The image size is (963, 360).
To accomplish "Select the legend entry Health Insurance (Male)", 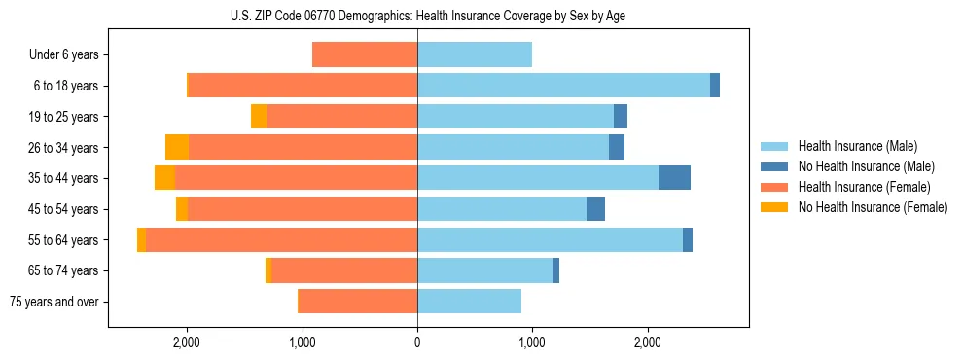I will coord(852,146).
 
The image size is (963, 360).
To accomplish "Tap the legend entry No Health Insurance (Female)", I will coord(873,207).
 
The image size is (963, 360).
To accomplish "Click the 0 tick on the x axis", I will coord(417,342).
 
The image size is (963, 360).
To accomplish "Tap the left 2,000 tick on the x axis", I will coord(186,342).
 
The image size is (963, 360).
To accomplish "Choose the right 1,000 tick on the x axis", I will coord(532,342).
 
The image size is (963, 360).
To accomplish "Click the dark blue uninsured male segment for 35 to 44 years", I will coord(674,178).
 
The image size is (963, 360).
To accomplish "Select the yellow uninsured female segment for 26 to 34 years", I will coord(177,147).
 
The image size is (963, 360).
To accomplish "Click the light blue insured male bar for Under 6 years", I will coord(475,55).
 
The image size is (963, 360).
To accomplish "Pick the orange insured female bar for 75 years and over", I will coord(358,302).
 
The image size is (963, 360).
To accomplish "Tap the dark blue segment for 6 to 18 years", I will coord(715,86).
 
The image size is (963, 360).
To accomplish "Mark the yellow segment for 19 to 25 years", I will coord(259,117).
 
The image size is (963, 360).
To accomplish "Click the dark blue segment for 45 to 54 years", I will coord(595,209).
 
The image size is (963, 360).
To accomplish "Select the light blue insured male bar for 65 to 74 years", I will coord(484,270).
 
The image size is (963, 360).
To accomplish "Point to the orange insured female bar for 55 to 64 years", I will coord(282,240).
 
